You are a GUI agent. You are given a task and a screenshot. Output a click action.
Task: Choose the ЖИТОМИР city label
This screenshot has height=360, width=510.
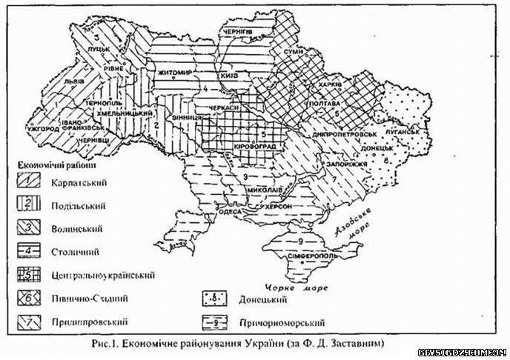pos(175,72)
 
